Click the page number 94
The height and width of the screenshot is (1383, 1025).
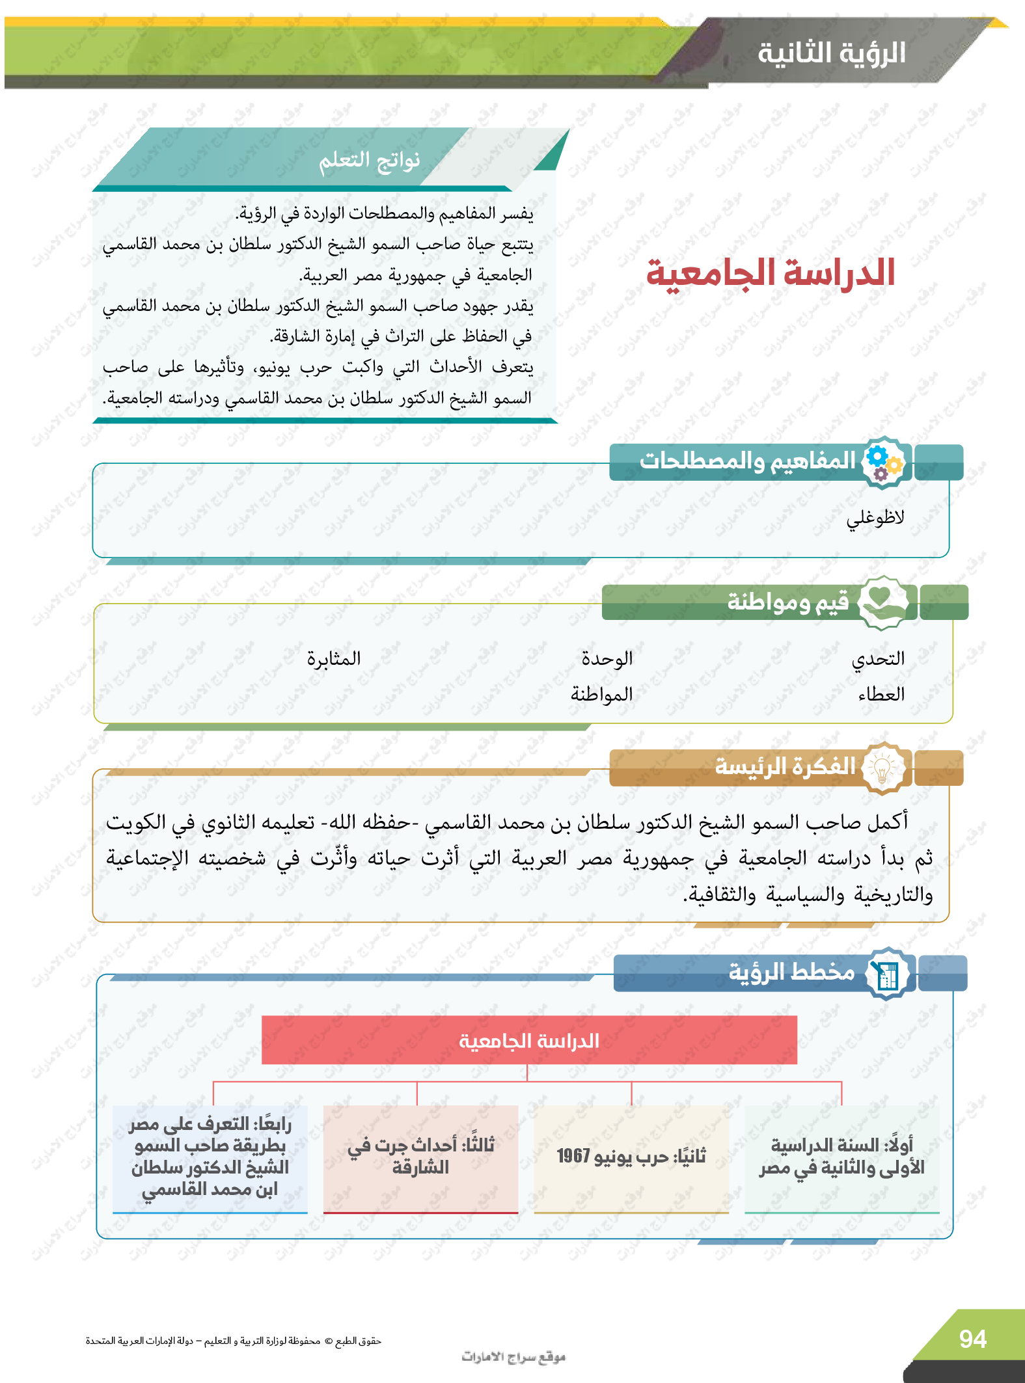pyautogui.click(x=972, y=1339)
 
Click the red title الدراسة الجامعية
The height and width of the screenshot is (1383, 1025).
pyautogui.click(x=771, y=273)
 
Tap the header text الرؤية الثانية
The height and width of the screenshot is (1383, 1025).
pyautogui.click(x=831, y=53)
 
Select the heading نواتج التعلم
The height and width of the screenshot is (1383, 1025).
pyautogui.click(x=369, y=160)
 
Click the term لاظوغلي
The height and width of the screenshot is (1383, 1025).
pyautogui.click(x=875, y=518)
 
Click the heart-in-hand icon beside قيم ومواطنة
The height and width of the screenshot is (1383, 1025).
pyautogui.click(x=882, y=602)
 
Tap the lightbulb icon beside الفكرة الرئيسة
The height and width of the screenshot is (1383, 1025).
pyautogui.click(x=882, y=768)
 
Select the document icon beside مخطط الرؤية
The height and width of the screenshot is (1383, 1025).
pyautogui.click(x=887, y=974)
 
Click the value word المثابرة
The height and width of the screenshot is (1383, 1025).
pyautogui.click(x=334, y=658)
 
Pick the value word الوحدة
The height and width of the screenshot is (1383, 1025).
pyautogui.click(x=607, y=658)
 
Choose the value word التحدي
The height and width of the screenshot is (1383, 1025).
pyautogui.click(x=878, y=658)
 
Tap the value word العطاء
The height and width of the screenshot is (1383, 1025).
pyautogui.click(x=881, y=694)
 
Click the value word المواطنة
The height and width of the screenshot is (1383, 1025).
pyautogui.click(x=601, y=694)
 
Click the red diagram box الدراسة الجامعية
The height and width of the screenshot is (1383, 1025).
pyautogui.click(x=529, y=1040)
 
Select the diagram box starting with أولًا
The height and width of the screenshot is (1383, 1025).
pyautogui.click(x=841, y=1157)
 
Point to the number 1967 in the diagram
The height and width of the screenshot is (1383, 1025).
pyautogui.click(x=573, y=1156)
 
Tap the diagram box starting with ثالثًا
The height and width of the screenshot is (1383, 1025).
pyautogui.click(x=420, y=1157)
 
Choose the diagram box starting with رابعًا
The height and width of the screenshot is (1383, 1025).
pyautogui.click(x=210, y=1157)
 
